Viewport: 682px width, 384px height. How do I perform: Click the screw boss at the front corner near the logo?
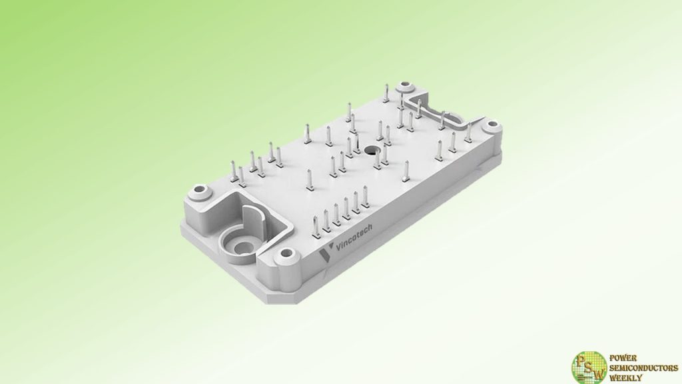click(x=286, y=253)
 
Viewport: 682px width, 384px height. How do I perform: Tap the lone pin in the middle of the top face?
click(x=308, y=180)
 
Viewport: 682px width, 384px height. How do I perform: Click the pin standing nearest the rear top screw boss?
click(x=386, y=97)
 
